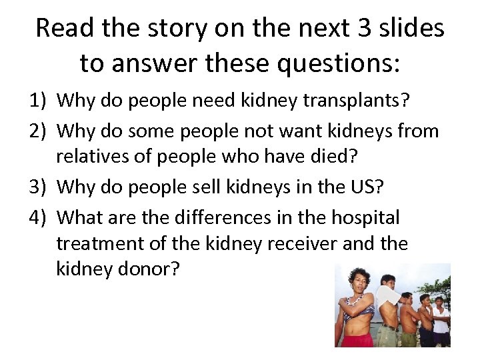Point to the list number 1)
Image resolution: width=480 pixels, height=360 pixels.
(39, 101)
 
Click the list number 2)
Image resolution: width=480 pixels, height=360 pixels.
(39, 130)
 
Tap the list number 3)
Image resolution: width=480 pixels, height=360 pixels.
(39, 188)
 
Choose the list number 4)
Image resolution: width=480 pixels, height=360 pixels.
(39, 217)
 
